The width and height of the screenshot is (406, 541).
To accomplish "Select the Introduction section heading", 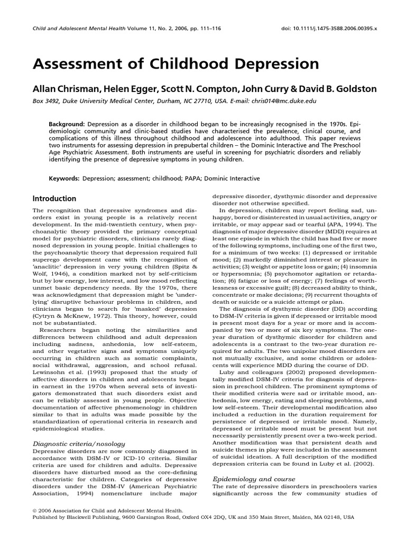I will pyautogui.click(x=55, y=199).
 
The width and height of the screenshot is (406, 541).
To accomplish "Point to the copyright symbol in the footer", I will pyautogui.click(x=35, y=511).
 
